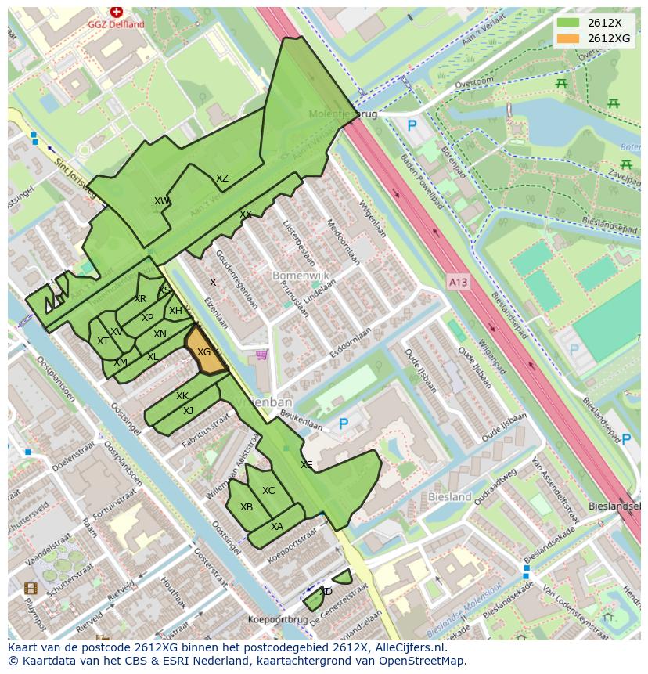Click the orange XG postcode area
pos(203,353)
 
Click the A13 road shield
pos(459,280)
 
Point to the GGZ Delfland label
pos(117,24)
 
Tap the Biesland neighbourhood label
pos(450,496)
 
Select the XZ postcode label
pos(222,178)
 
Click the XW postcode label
pos(162,201)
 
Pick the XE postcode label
pos(307,465)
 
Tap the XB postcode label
pos(247,507)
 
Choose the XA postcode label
pos(277,527)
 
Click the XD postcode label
pos(326,592)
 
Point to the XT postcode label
pos(103,341)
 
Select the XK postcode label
pos(182,396)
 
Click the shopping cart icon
pos(261,356)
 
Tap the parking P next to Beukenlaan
pos(343,424)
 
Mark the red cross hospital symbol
pos(117,12)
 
